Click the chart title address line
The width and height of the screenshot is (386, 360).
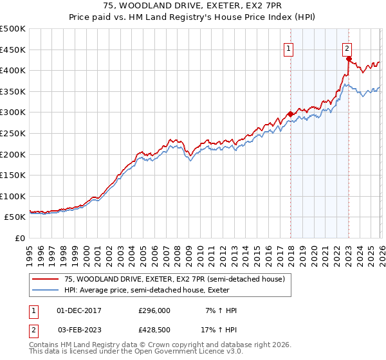(x=192, y=5)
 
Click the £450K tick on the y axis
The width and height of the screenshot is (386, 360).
(x=13, y=50)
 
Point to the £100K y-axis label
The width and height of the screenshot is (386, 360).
(x=13, y=196)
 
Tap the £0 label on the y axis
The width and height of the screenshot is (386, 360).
(x=20, y=238)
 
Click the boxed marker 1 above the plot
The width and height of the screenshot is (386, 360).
(x=289, y=48)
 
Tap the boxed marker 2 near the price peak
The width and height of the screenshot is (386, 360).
(x=347, y=48)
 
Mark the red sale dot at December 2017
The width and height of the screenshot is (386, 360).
(x=290, y=114)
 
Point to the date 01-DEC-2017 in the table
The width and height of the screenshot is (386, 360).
(x=79, y=310)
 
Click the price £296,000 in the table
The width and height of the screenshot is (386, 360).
(x=154, y=310)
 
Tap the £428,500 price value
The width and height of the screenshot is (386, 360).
(x=154, y=330)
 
